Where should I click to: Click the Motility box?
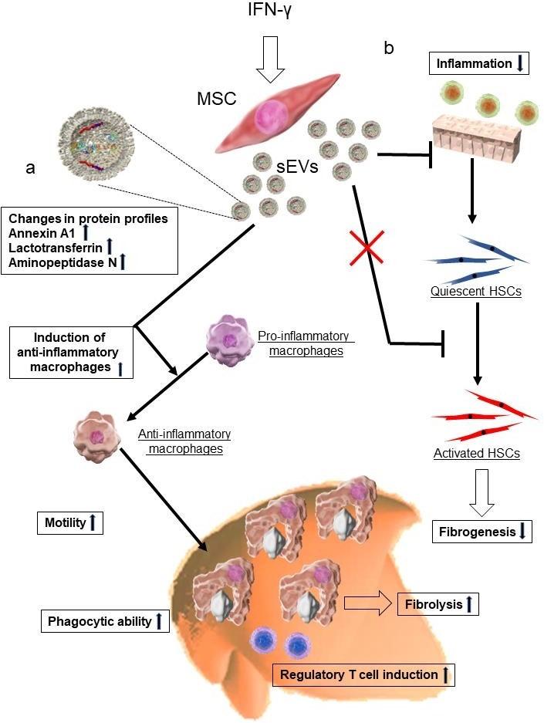pyautogui.click(x=69, y=523)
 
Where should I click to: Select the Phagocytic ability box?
pyautogui.click(x=104, y=620)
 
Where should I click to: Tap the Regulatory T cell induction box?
pyautogui.click(x=361, y=674)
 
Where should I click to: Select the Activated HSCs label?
pyautogui.click(x=476, y=453)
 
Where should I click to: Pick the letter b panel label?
pyautogui.click(x=389, y=48)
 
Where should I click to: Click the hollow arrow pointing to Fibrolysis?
pyautogui.click(x=368, y=603)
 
